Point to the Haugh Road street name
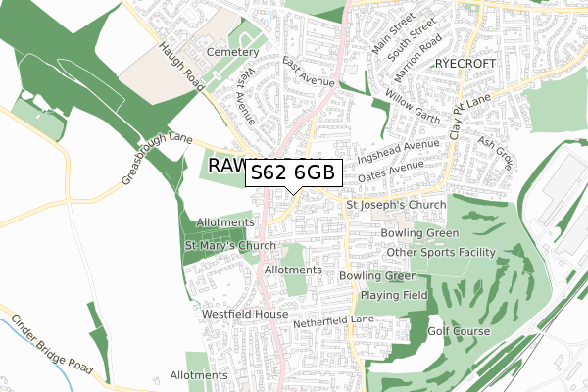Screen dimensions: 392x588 point(183,68)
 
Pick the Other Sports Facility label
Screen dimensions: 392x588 point(441,252)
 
